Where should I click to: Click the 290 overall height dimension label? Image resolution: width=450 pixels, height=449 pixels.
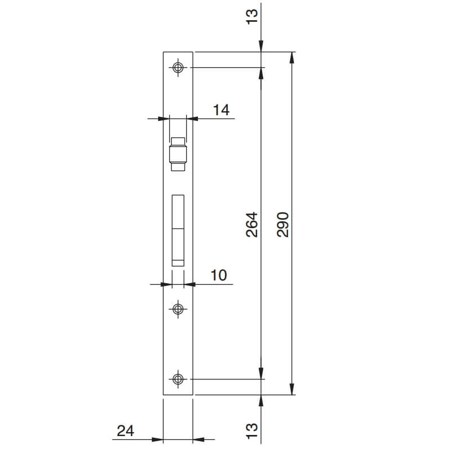282,225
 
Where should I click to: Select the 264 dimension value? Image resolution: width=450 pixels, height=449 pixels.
251,225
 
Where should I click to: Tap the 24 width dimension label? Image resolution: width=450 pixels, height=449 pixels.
125,430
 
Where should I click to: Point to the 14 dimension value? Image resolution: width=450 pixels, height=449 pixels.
221,110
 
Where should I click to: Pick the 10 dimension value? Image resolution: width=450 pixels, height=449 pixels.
219,275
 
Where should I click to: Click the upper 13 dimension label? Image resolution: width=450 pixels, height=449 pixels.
252,17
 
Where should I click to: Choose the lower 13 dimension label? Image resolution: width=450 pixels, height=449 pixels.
252,430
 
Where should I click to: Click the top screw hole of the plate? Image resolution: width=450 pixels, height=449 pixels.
178,67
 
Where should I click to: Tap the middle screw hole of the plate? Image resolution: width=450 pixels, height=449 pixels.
178,309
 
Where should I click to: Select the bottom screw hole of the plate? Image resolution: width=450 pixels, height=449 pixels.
178,379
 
